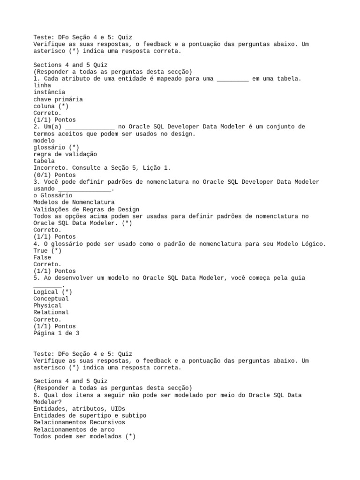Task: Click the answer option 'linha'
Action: click(x=42, y=85)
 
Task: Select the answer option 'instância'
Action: click(x=49, y=92)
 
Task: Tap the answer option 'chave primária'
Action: click(x=58, y=99)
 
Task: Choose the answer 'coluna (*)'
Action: click(x=51, y=106)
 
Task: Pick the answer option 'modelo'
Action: click(x=44, y=140)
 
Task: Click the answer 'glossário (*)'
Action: click(x=56, y=147)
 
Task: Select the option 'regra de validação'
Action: click(x=65, y=154)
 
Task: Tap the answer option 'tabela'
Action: click(x=44, y=161)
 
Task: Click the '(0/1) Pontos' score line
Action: click(x=54, y=175)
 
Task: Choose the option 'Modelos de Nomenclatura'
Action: click(x=74, y=202)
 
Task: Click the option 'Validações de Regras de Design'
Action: click(x=86, y=209)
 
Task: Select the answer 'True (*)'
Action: click(x=47, y=251)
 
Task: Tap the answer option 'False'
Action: click(x=42, y=257)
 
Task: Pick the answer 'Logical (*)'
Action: click(x=52, y=292)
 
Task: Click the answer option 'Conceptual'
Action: click(x=51, y=299)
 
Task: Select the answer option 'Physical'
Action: click(x=47, y=306)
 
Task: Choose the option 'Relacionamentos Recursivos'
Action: click(x=79, y=423)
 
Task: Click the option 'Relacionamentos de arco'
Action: click(x=74, y=429)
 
